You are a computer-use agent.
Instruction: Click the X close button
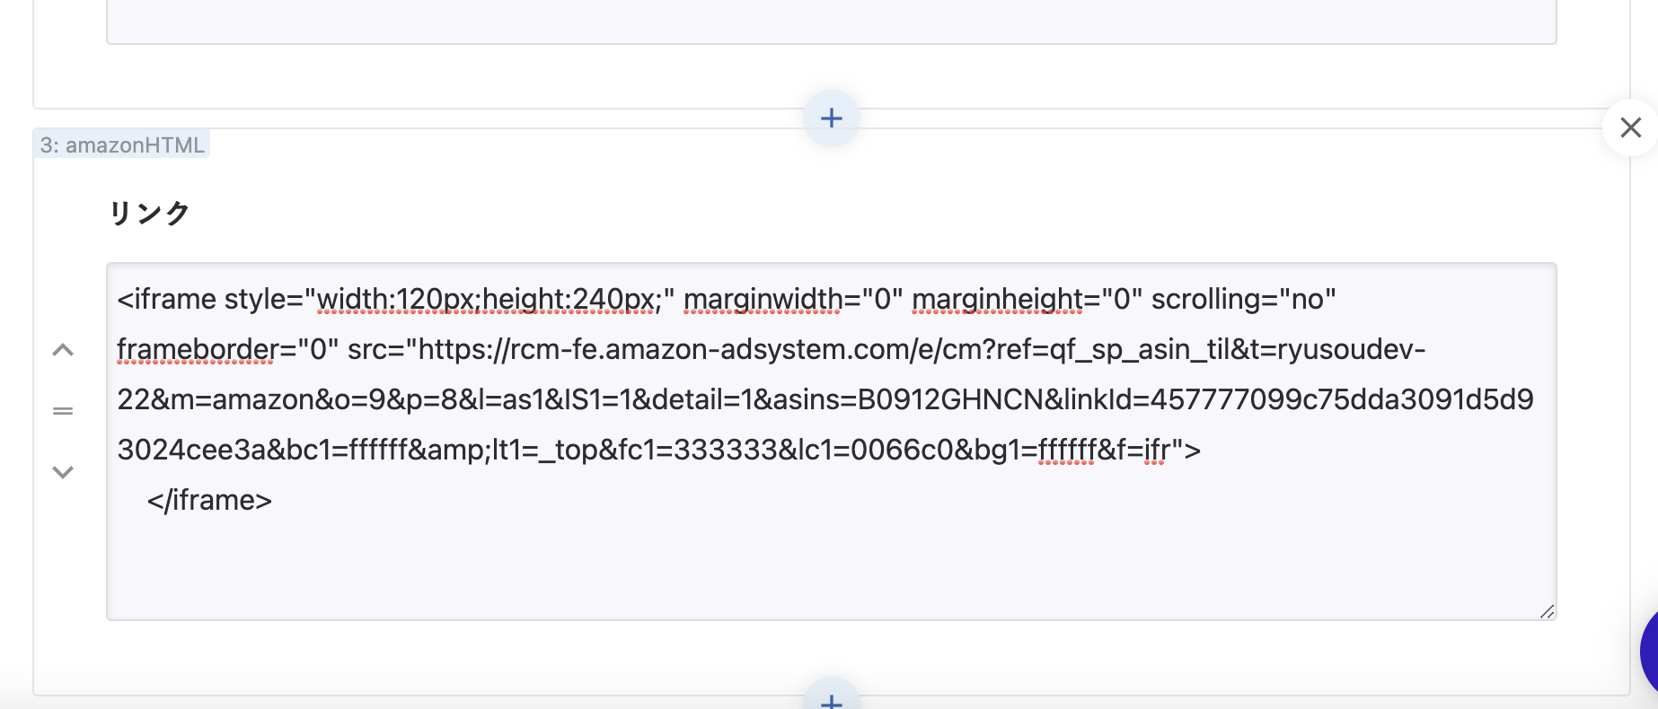1630,127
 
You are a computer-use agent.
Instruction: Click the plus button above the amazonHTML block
832,118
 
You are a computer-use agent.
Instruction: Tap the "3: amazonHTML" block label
122,144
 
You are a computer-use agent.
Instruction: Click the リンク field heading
149,213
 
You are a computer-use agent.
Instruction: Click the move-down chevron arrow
63,472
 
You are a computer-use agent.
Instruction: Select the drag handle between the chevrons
63,411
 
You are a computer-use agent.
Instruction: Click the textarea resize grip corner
1547,611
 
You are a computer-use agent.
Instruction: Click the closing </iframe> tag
209,500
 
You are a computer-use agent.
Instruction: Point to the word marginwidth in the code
763,299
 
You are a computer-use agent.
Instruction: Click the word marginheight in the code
998,299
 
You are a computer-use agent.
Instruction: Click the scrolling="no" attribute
1243,299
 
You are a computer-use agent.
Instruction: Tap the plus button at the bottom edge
832,699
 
